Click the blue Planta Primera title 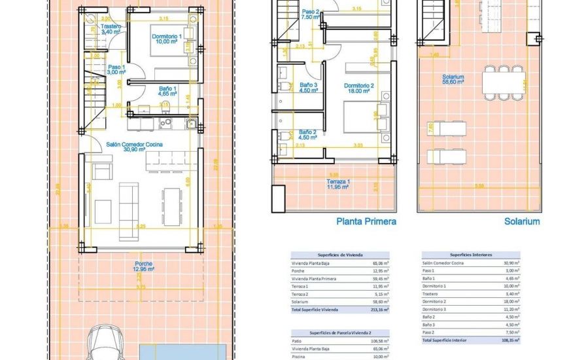click(x=366, y=221)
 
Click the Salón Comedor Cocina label click(x=135, y=145)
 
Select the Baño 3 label click(x=309, y=87)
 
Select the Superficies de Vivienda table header click(x=340, y=255)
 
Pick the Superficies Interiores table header click(x=471, y=255)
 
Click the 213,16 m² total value click(x=378, y=309)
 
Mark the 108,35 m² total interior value click(x=509, y=340)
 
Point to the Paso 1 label click(x=116, y=69)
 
